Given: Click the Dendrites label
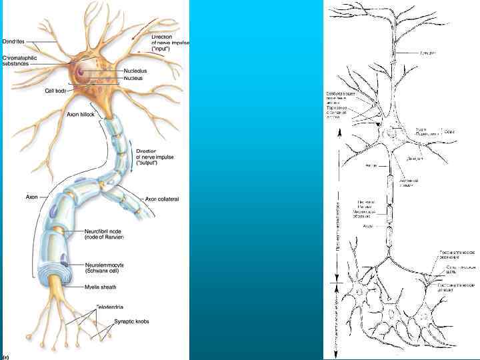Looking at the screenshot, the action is [x=13, y=41].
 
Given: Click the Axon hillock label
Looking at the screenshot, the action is [x=81, y=115].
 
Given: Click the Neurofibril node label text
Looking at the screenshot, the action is [x=103, y=231].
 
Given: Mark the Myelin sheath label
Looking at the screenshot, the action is [x=100, y=287].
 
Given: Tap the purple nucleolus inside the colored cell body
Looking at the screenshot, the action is [x=80, y=70].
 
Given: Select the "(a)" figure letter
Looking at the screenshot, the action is [x=5, y=356].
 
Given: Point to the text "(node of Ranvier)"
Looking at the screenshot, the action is [x=105, y=237].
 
